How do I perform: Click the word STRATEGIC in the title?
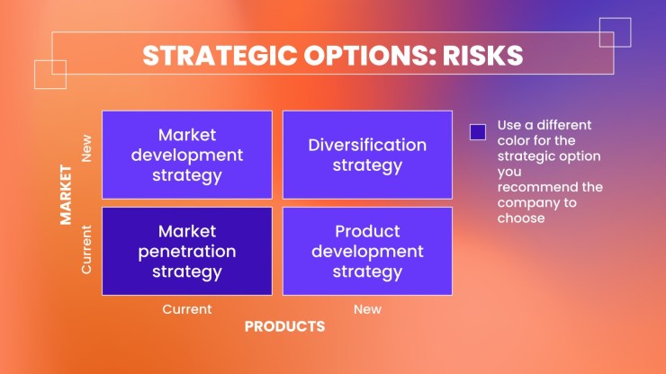click(220, 56)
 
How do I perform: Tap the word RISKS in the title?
click(483, 56)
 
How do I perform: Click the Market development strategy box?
click(187, 155)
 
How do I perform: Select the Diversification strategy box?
click(367, 155)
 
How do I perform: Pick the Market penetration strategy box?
click(187, 252)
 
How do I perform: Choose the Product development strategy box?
click(367, 252)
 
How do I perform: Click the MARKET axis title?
click(66, 195)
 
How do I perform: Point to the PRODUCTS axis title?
click(284, 326)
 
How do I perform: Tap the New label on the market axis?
click(86, 148)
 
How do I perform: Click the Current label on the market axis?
click(86, 250)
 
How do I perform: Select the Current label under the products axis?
click(187, 309)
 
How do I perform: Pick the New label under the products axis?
click(367, 309)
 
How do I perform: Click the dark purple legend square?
click(478, 132)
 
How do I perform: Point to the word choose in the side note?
click(521, 218)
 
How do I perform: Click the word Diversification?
click(367, 145)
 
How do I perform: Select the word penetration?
click(187, 252)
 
